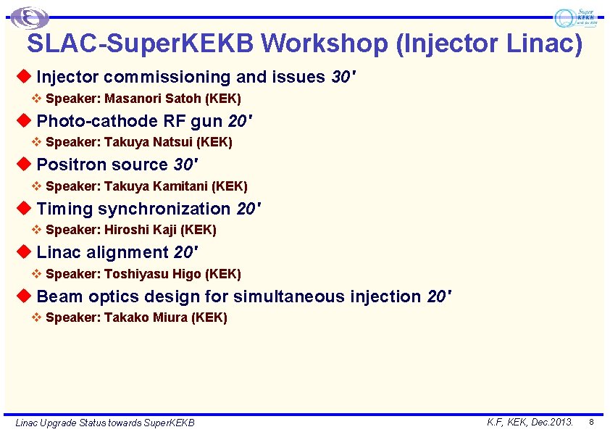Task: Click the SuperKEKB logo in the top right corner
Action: (x=576, y=17)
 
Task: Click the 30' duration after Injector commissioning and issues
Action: (x=343, y=77)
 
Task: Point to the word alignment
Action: (x=128, y=252)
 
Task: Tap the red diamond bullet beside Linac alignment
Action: (x=24, y=252)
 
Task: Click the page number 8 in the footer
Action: (x=591, y=422)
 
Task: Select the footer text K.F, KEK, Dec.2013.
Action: (x=530, y=422)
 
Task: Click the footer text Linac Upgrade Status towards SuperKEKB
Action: (x=105, y=423)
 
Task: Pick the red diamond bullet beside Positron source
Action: (x=24, y=164)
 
